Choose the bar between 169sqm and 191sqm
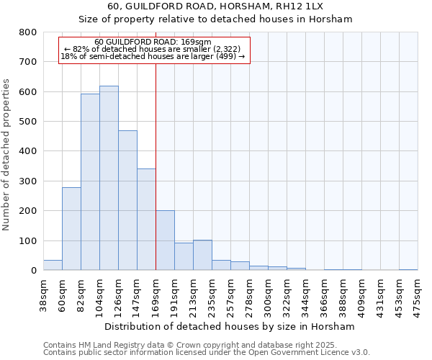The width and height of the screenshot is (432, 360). click(x=165, y=240)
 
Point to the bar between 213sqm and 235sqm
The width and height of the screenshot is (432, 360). click(x=202, y=255)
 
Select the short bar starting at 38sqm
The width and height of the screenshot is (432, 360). click(x=53, y=265)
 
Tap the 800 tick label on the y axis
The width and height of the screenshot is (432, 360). click(x=27, y=32)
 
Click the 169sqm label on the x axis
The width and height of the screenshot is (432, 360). click(x=156, y=294)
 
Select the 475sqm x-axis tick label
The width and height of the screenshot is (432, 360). click(x=418, y=294)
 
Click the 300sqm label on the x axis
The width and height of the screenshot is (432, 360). click(x=268, y=294)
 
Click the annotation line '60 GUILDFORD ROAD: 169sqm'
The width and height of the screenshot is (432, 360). click(x=153, y=42)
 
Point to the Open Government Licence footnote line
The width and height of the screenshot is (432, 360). click(x=207, y=353)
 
